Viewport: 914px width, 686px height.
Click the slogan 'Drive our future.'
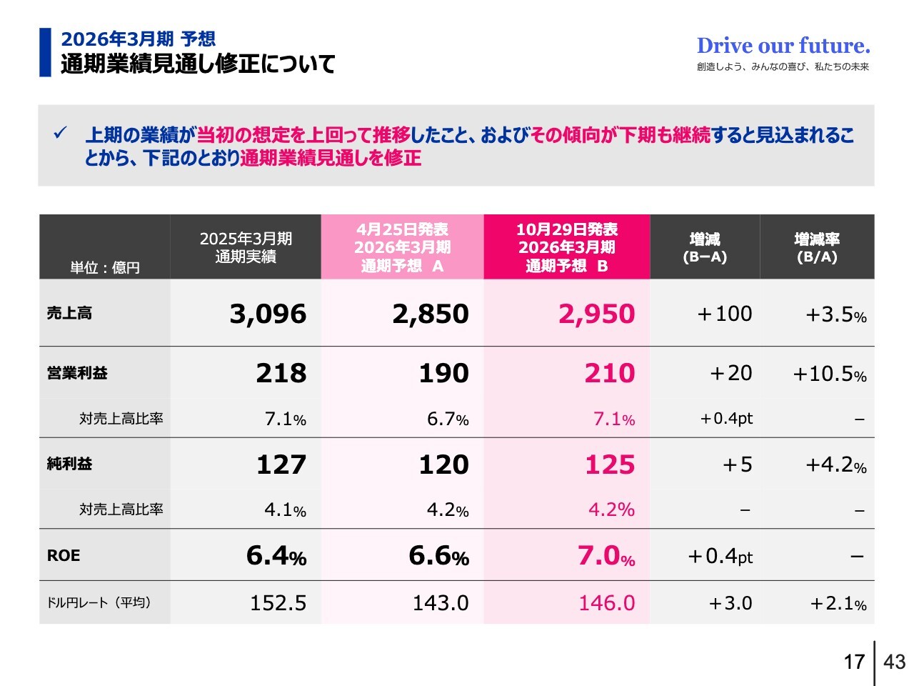tap(783, 46)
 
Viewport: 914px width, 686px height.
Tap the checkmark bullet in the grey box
tap(61, 133)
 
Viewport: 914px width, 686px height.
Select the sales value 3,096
tap(268, 314)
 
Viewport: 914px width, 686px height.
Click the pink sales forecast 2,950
tap(596, 314)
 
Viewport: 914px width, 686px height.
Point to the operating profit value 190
tap(443, 373)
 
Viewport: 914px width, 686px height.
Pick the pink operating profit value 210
tap(609, 373)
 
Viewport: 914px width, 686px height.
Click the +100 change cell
tap(724, 314)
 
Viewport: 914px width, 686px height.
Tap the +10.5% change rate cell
tap(829, 374)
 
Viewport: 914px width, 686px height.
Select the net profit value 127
tap(281, 464)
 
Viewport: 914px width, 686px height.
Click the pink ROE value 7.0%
tap(606, 556)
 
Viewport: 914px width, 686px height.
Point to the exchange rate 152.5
tap(278, 603)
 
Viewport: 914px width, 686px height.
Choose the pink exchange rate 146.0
tap(606, 603)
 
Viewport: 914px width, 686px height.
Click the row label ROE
tap(64, 556)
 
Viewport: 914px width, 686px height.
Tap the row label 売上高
tap(69, 313)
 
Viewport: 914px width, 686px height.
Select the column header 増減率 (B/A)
tap(817, 247)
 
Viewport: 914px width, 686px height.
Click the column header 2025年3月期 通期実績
tap(246, 247)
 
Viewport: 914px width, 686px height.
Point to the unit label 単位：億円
tap(105, 267)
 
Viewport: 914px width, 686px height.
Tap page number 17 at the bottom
tap(854, 662)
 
